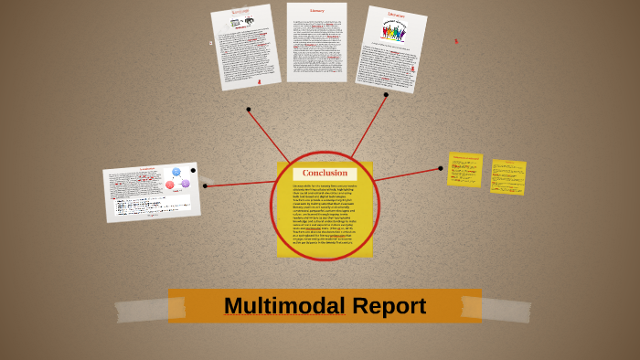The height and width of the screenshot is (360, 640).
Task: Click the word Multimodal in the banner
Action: pos(283,306)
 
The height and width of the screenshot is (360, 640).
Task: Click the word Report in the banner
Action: pos(391,306)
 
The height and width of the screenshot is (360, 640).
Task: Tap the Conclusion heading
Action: pos(325,173)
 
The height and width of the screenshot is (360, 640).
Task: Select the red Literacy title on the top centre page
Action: pos(316,11)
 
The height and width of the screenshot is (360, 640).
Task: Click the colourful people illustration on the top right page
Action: pos(394,32)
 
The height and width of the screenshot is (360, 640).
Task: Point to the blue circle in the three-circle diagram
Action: pos(176,172)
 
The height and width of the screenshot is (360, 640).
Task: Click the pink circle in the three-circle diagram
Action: pos(170,185)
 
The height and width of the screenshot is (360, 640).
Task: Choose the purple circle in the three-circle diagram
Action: pos(186,184)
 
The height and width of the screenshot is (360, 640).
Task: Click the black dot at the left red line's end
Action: pos(205,185)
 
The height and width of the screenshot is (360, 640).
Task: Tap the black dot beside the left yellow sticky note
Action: pos(441,168)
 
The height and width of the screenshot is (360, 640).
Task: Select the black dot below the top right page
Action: pos(386,94)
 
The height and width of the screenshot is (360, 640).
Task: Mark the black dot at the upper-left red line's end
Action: pos(248,110)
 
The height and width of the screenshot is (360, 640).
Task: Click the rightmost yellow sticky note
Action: pos(507,177)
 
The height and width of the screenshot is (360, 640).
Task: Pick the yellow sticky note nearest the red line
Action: pos(464,169)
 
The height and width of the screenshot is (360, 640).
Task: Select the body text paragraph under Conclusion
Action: pos(325,215)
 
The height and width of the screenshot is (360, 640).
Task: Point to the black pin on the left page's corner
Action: pos(193,170)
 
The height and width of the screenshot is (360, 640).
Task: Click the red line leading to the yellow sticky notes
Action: pos(407,175)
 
